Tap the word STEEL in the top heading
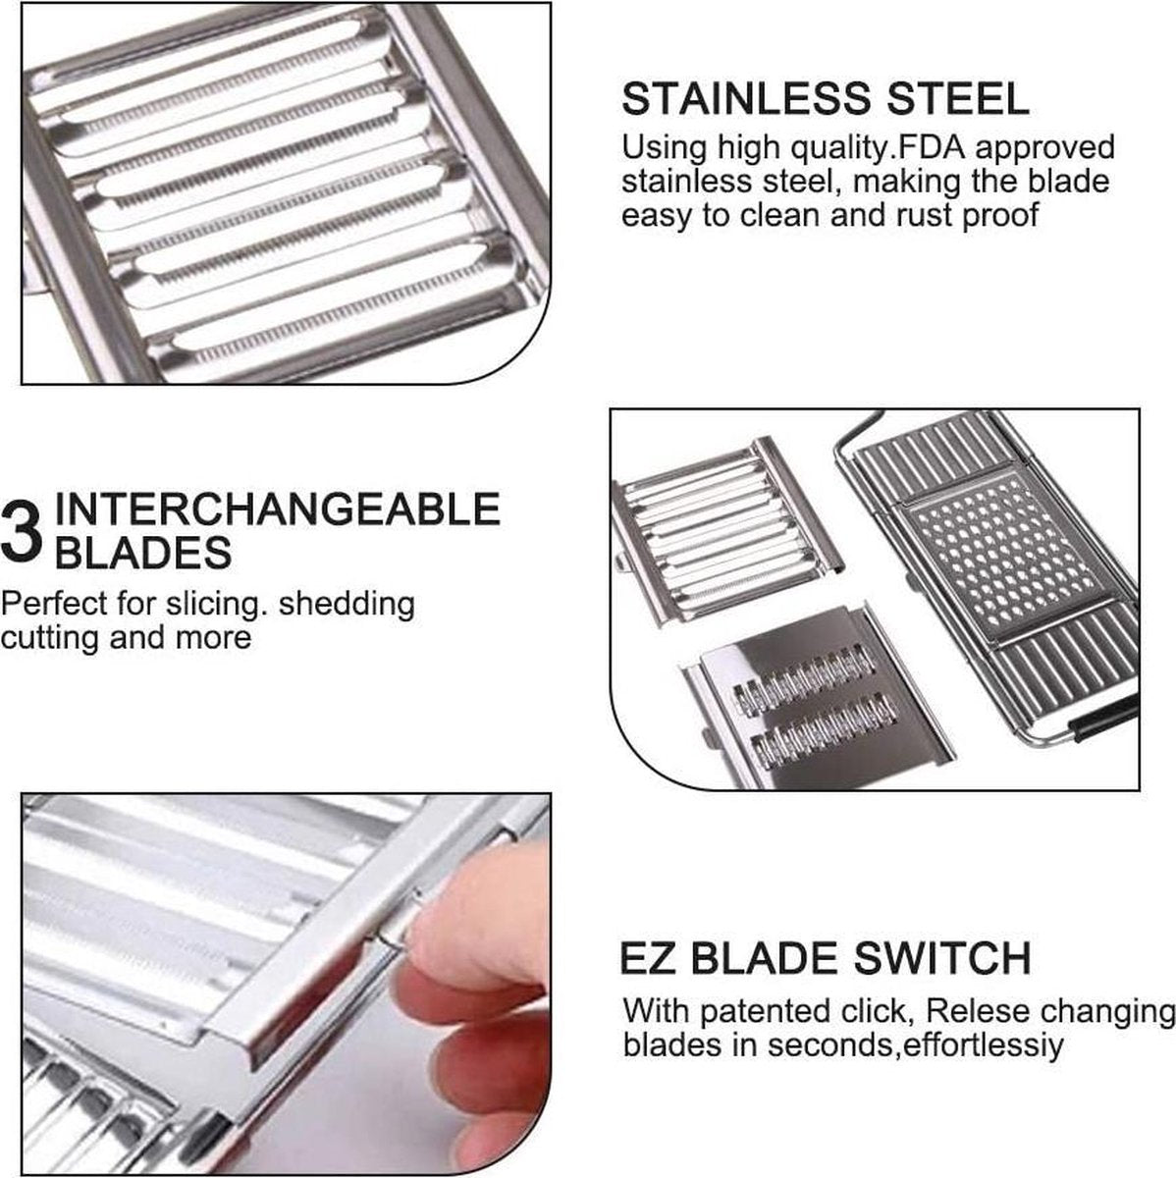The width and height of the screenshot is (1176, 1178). point(958,99)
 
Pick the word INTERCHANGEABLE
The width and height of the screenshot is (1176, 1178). point(278,509)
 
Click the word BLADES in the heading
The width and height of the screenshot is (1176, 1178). point(143,554)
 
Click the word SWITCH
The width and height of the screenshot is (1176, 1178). point(942,976)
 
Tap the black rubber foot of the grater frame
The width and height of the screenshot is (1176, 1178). point(1103,719)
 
